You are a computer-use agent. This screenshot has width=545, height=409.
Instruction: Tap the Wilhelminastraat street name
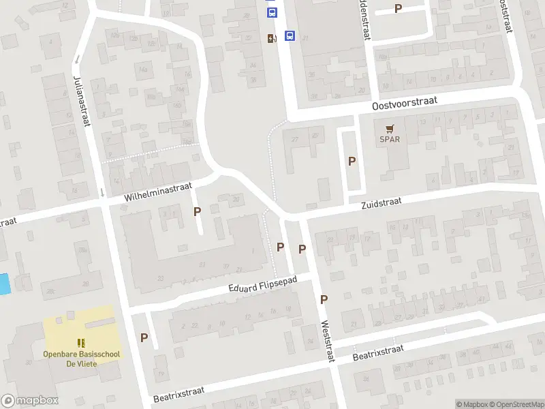pos(159,191)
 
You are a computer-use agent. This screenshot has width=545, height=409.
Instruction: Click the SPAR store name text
pos(390,140)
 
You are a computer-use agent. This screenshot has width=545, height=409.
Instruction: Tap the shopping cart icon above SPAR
pos(390,128)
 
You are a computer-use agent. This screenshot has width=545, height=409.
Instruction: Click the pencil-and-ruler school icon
pos(80,343)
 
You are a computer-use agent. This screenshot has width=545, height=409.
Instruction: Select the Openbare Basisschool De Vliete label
pos(80,359)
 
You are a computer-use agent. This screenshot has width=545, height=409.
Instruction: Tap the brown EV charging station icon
pos(272,39)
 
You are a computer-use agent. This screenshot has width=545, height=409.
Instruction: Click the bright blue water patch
pos(5,284)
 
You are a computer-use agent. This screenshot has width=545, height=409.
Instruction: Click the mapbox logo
pos(30,401)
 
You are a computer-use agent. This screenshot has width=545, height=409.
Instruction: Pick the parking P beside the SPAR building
pos(352,162)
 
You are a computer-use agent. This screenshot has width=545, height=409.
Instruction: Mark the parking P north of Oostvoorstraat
pos(399,9)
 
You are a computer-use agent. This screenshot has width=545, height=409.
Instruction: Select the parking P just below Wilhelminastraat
pos(198,211)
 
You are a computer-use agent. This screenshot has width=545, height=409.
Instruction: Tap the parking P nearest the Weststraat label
pos(324,299)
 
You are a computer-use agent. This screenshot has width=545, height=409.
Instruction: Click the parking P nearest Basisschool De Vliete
pos(144,337)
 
